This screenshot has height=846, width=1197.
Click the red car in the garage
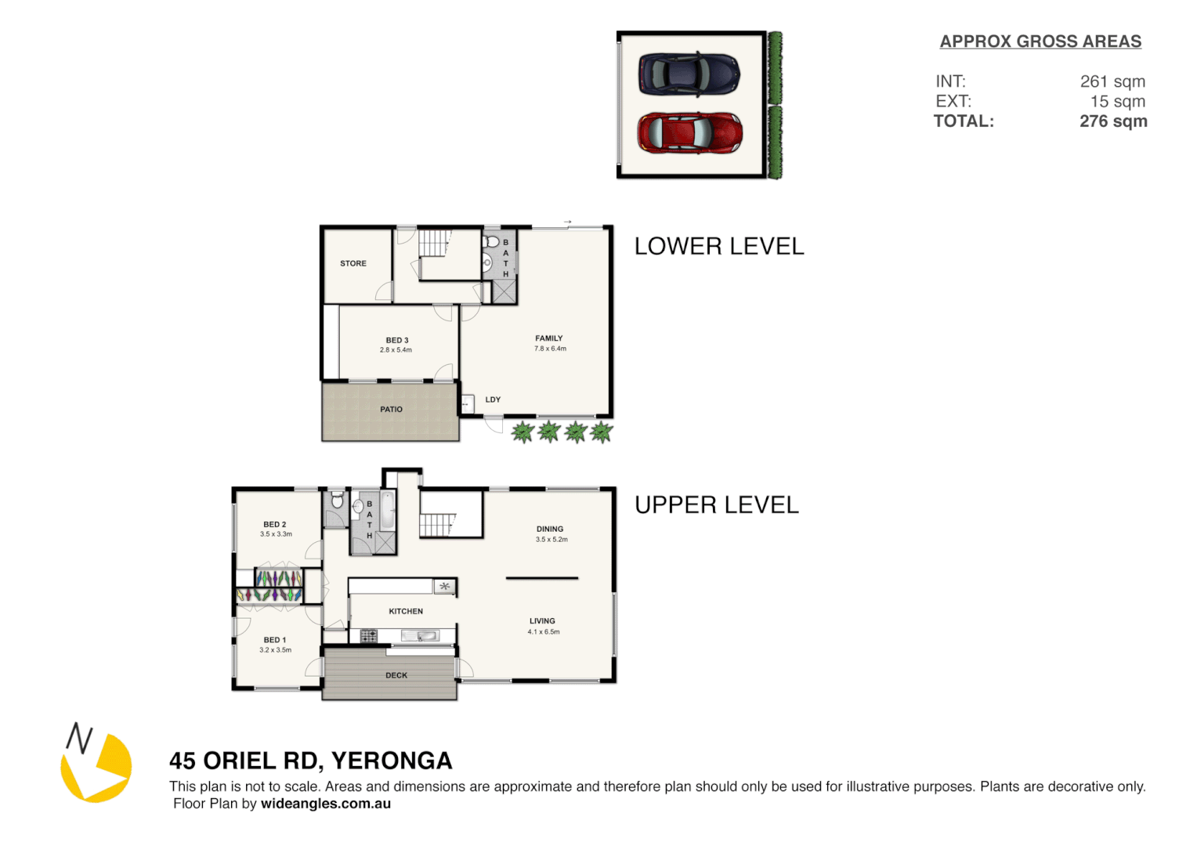tap(689, 132)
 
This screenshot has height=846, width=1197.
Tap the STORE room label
tap(353, 264)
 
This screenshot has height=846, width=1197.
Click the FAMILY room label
tap(549, 338)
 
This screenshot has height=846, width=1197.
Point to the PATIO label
tap(391, 410)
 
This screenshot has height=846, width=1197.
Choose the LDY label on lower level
tap(493, 399)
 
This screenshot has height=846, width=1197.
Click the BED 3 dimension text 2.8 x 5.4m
tap(396, 350)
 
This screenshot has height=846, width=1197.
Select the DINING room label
tap(550, 530)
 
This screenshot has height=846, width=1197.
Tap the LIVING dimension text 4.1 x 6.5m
tap(544, 632)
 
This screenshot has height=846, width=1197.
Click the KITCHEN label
tap(406, 612)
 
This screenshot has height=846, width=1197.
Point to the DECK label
tap(396, 675)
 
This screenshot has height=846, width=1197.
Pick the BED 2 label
tap(275, 525)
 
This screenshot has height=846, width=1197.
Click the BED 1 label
tap(275, 640)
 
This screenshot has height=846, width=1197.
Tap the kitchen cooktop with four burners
tap(368, 636)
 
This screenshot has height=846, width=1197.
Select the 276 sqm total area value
tap(1113, 121)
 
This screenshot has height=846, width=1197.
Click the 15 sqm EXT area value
tap(1117, 102)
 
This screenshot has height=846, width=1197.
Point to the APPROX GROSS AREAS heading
tap(1040, 42)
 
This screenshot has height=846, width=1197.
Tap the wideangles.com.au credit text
tap(326, 804)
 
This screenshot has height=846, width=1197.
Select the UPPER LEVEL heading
tap(717, 505)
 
